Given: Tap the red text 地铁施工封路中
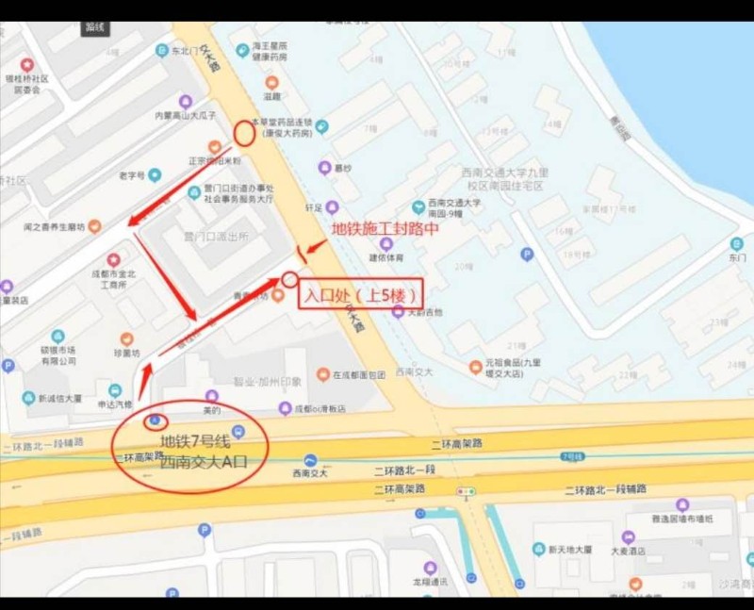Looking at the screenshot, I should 385,229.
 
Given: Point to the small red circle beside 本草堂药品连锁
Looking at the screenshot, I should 243,133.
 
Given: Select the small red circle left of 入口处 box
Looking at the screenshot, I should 289,279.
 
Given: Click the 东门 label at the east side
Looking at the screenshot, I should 736,256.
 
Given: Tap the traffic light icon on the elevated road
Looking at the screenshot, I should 465,491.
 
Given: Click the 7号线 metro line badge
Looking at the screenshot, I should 572,457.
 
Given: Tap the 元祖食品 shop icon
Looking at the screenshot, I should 476,367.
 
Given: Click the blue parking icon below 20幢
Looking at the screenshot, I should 527,254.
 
